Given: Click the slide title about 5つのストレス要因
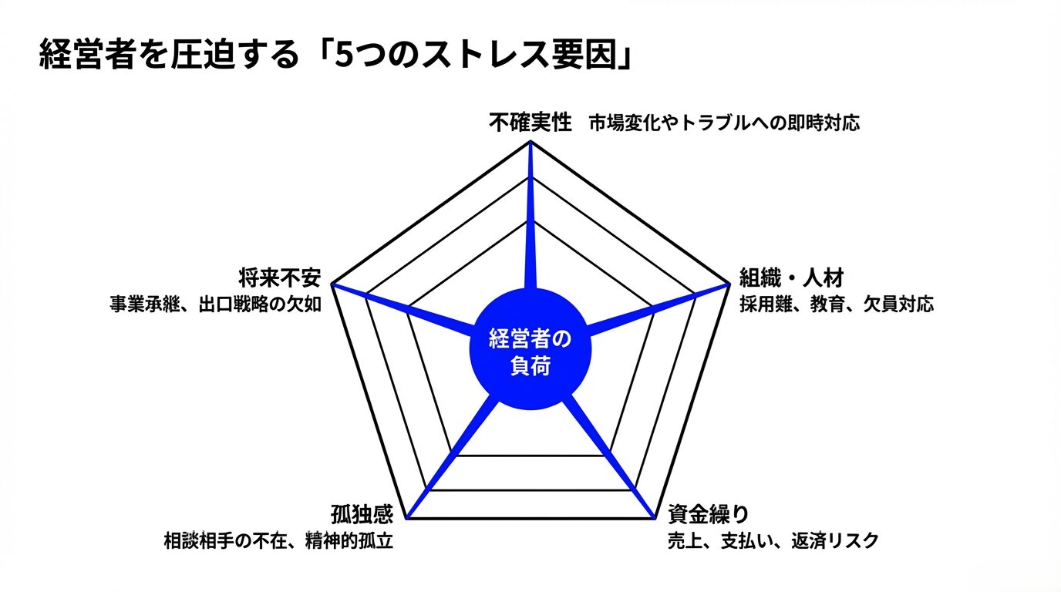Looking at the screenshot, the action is tap(336, 54).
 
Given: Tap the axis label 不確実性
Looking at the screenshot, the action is tap(530, 123).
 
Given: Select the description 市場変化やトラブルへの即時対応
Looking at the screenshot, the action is tap(724, 123).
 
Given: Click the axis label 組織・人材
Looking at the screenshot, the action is tap(792, 277).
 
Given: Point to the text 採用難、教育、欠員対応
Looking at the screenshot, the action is tap(837, 304).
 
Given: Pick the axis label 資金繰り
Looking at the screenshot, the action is tap(709, 514).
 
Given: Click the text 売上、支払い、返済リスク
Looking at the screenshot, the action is tap(773, 540).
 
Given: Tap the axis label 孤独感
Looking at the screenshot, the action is tap(362, 514).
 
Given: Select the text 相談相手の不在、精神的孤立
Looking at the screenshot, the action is tap(278, 540).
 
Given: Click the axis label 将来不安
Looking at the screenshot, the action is tap(280, 277).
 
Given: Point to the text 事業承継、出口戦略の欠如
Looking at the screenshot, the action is tap(216, 304).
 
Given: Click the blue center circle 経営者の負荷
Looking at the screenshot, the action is tap(530, 348).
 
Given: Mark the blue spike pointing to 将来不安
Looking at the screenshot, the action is tap(403, 308).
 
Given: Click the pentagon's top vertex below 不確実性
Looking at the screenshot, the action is tap(530, 140).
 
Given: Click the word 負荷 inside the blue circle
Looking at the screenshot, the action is tap(530, 366).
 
